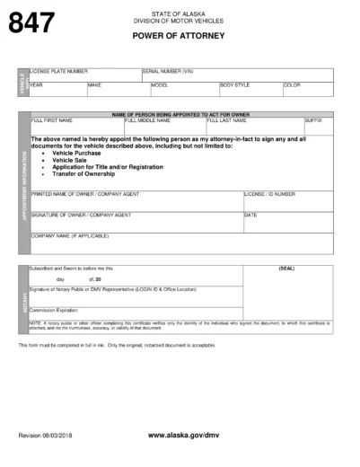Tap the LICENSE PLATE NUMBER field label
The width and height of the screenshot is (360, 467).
point(58,70)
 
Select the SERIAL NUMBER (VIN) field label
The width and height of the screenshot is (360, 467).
point(168,70)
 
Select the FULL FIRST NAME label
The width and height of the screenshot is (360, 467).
point(51,119)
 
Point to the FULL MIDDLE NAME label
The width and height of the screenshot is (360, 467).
point(146,119)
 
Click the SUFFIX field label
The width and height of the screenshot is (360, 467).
point(313,119)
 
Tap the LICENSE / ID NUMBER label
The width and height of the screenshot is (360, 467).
point(269,193)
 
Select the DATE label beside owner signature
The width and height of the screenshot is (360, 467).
point(250,216)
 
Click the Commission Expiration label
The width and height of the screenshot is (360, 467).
point(57,311)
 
